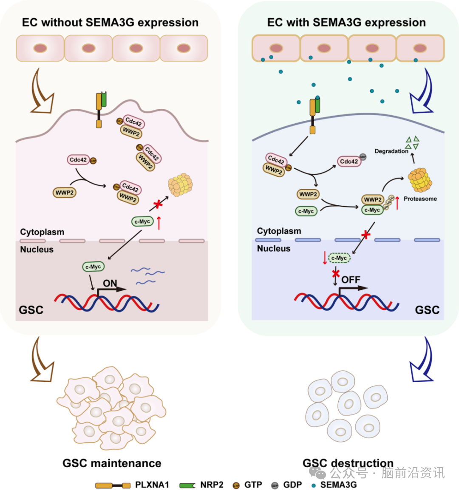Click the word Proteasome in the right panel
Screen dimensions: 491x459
[420, 199]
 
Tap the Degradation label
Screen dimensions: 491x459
[391, 151]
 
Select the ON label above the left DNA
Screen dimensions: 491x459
[110, 283]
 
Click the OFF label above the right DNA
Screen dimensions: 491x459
[351, 280]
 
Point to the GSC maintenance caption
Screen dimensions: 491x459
[112, 463]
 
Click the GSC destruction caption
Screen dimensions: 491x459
[348, 463]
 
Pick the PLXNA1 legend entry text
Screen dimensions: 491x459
[152, 485]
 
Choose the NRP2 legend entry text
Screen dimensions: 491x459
[212, 485]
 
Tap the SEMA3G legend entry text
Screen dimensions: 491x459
[338, 485]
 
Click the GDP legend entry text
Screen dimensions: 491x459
[292, 485]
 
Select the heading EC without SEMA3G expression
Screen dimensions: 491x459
[110, 23]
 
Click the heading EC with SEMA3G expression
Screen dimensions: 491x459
[346, 23]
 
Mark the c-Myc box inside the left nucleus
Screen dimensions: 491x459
[93, 267]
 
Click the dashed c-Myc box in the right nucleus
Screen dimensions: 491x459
[339, 258]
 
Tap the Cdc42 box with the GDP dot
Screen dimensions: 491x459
[348, 162]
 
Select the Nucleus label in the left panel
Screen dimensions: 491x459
[37, 250]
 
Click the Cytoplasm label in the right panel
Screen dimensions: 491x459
[279, 231]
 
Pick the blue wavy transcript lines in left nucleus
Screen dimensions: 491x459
[147, 275]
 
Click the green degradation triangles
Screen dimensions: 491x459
[412, 142]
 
